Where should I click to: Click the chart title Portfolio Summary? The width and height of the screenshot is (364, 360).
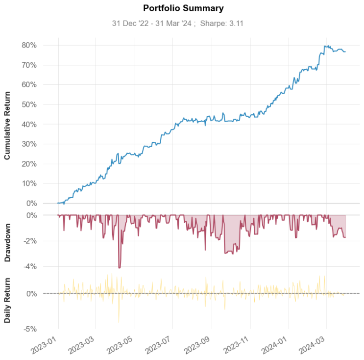pos(183,8)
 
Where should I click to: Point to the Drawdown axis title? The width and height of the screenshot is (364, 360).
pos(8,241)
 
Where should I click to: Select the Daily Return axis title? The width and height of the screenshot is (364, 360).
pos(8,300)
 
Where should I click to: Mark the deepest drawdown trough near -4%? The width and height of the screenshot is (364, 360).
pos(120,267)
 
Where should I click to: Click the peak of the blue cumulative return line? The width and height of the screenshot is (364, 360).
pos(325,46)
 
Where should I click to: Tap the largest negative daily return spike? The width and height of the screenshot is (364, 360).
pos(119,322)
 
